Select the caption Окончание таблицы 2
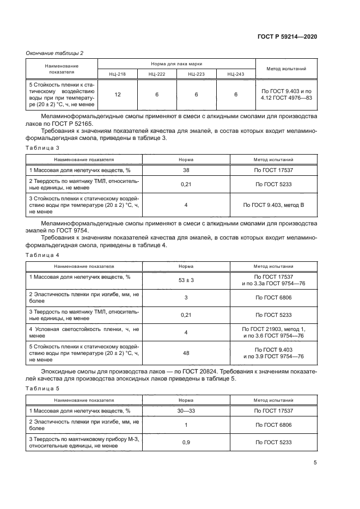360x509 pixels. point(54,53)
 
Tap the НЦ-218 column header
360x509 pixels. point(118,73)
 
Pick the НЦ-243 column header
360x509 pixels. point(236,73)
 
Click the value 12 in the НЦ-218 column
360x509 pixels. point(118,95)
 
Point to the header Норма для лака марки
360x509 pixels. point(176,63)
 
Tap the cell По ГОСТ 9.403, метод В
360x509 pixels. point(273,205)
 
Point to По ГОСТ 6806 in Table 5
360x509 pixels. point(273,425)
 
